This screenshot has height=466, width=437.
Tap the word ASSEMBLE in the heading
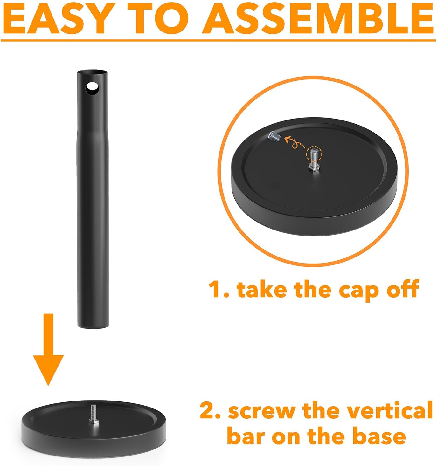(x=318, y=18)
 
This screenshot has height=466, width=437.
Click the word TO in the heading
(x=158, y=18)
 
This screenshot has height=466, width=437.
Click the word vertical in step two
(x=390, y=409)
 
